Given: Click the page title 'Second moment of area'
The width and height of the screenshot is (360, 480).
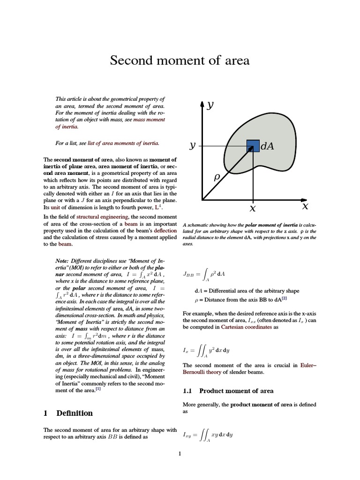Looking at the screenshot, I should [x=180, y=60].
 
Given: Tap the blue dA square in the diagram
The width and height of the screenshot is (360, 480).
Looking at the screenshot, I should [x=253, y=146].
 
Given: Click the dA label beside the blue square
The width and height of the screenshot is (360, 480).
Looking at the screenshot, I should [x=267, y=146].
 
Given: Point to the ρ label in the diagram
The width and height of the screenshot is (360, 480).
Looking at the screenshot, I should [x=217, y=178].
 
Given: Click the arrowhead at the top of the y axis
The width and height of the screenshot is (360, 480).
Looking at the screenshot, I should [x=202, y=104].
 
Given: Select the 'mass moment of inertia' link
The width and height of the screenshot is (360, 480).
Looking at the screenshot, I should [x=149, y=123].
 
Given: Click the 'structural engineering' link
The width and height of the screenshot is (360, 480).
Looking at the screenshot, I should [x=103, y=217].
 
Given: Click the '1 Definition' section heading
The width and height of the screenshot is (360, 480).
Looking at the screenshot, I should [x=68, y=413].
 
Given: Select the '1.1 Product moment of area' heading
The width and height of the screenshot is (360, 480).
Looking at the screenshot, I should [x=227, y=390].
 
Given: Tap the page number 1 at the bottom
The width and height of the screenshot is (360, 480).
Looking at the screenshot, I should [x=180, y=453].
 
